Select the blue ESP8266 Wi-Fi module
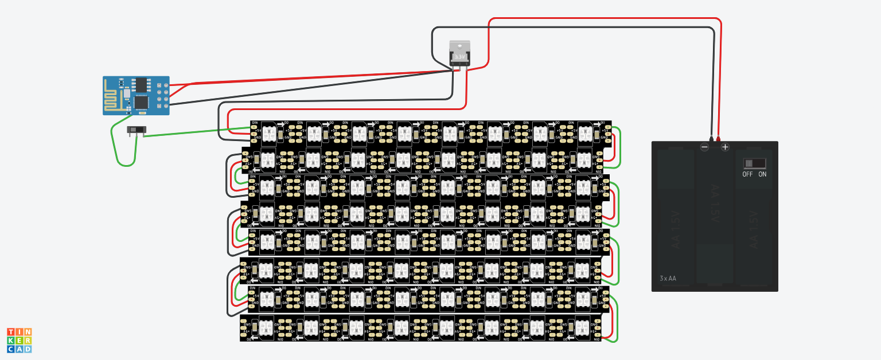coord(137,95)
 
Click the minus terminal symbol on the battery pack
coord(704,147)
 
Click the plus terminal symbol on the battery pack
coord(725,147)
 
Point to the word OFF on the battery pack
coord(747,174)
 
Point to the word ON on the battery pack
coord(762,174)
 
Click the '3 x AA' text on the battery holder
coord(668,279)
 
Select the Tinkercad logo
coord(19,341)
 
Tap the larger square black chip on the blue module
coord(141,102)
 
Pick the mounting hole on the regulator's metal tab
coord(459,45)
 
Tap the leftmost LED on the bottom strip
coord(268,327)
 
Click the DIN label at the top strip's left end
coord(254,123)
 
